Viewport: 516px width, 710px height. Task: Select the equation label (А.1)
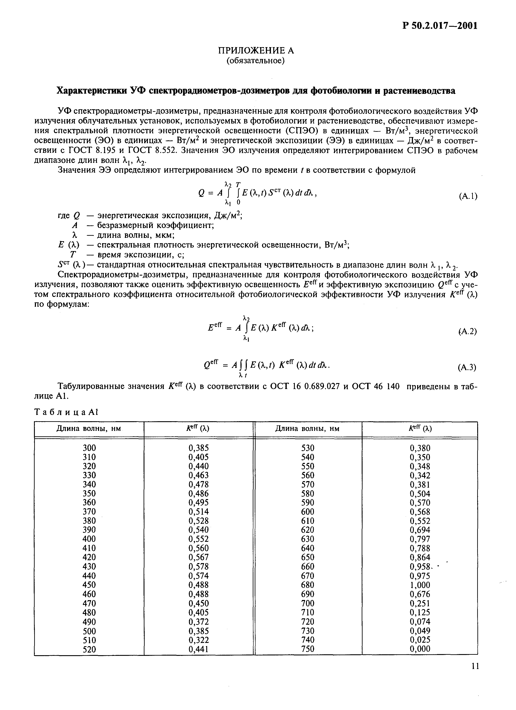coord(468,196)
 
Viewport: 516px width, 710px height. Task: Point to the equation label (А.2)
coord(468,331)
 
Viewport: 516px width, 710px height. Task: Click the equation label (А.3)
coord(467,367)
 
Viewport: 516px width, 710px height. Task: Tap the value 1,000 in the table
coord(420,585)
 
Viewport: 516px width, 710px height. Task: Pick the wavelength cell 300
coord(89,448)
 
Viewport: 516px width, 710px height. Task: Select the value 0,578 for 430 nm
coord(198,567)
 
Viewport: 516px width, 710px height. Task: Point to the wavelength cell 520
coord(89,649)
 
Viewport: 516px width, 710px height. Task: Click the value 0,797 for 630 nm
coord(420,539)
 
